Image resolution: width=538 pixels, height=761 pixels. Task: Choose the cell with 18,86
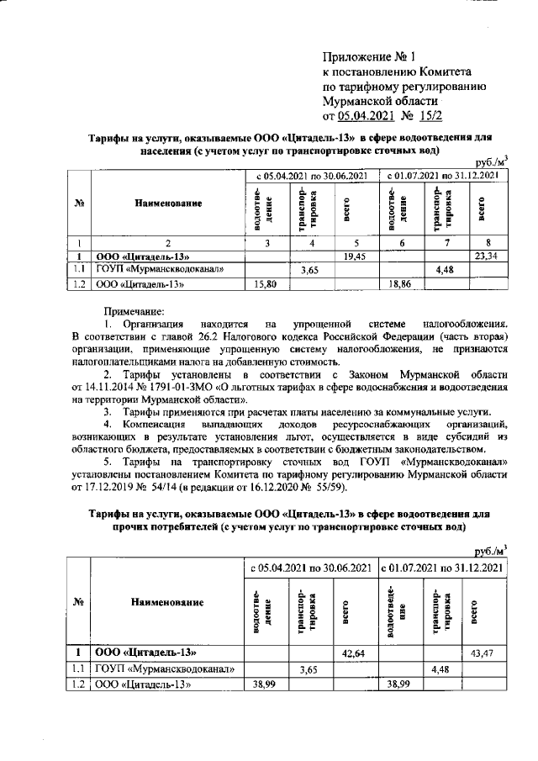pos(398,285)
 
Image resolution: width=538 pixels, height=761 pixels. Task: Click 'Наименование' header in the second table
pos(167,603)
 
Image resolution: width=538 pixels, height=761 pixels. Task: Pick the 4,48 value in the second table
pos(440,669)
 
